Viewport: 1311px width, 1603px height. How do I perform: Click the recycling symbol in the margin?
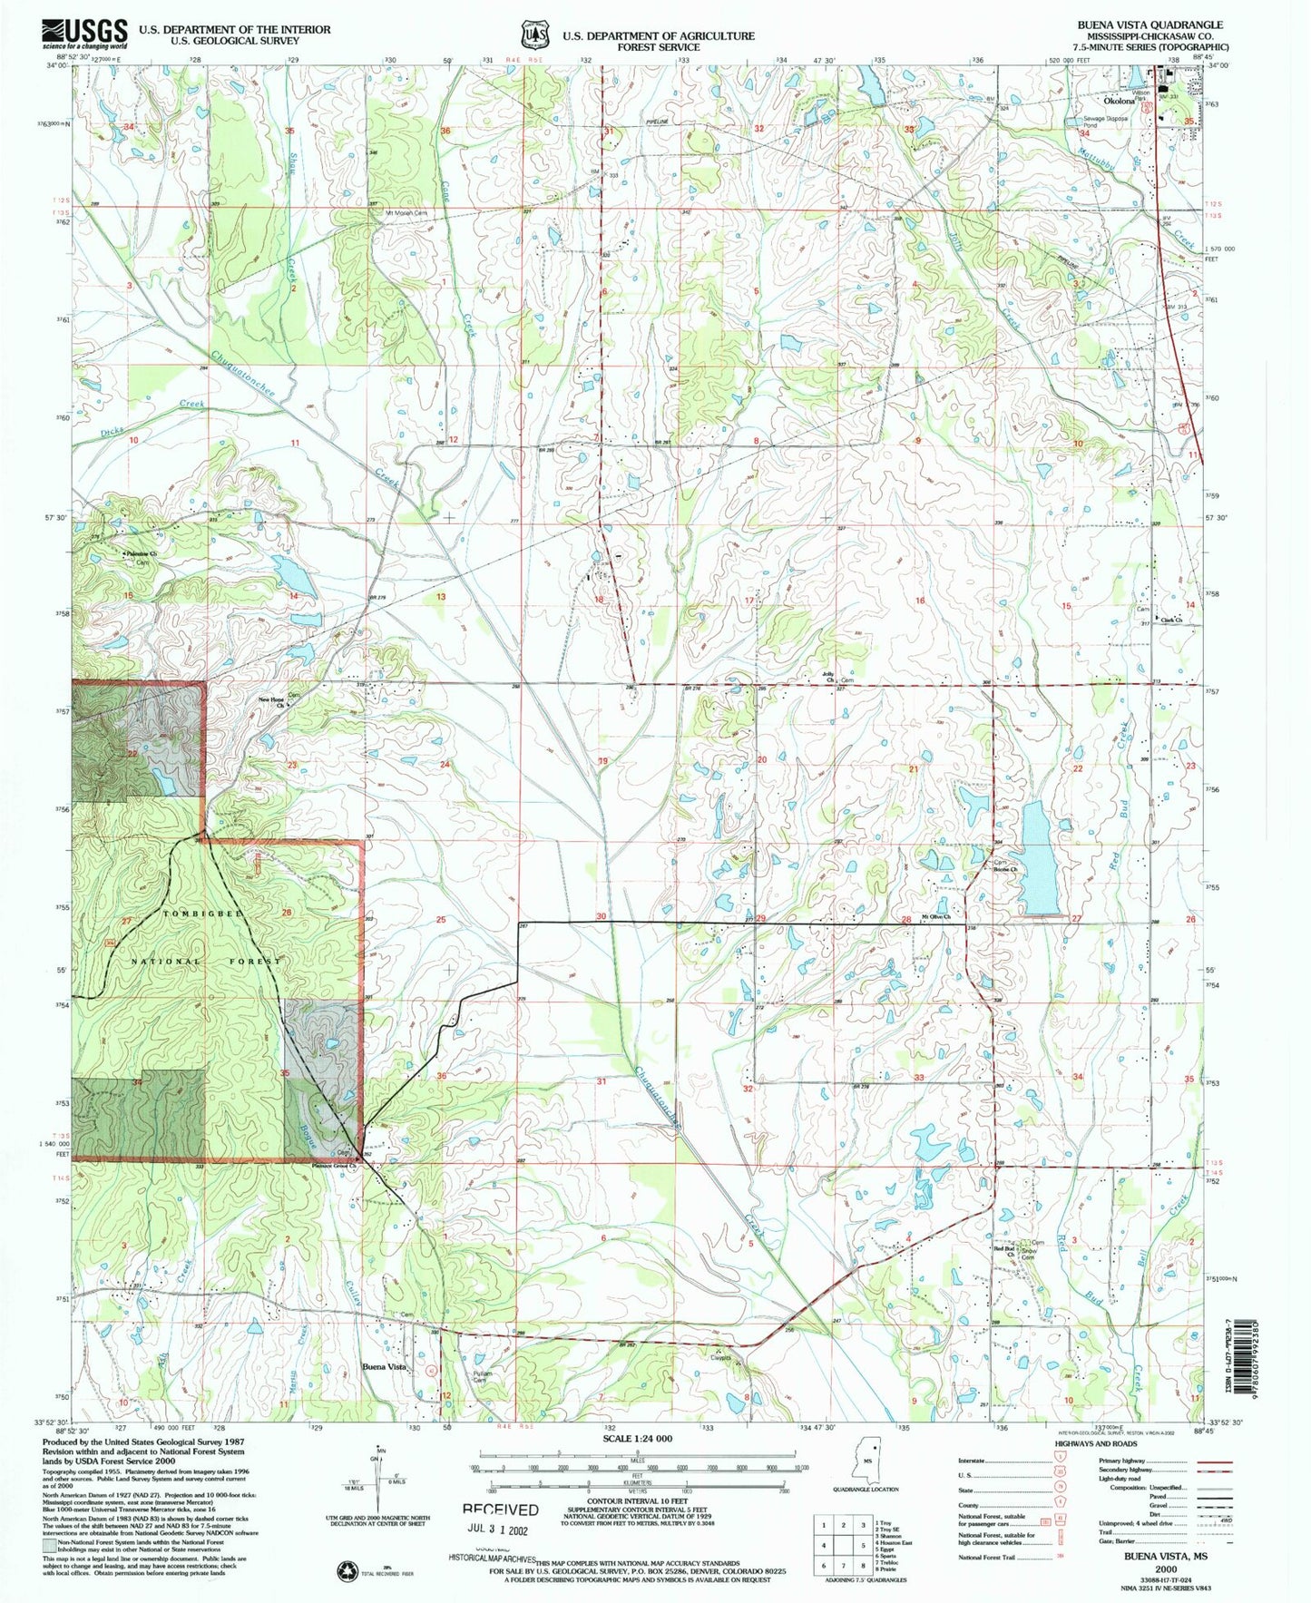[x=346, y=1569]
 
